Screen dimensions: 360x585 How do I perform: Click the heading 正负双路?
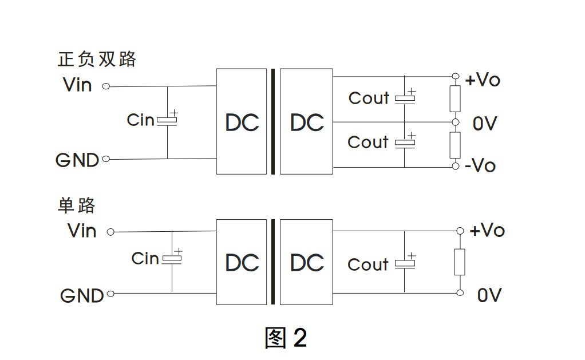click(x=97, y=59)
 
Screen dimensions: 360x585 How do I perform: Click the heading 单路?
click(x=76, y=205)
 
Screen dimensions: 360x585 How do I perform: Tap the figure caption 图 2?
click(x=286, y=338)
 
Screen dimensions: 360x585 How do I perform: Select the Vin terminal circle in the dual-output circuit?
click(x=105, y=86)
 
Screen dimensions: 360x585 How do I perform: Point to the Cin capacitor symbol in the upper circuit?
click(x=167, y=120)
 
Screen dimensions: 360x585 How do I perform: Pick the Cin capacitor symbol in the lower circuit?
click(x=172, y=259)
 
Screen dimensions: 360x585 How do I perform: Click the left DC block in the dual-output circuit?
click(x=241, y=121)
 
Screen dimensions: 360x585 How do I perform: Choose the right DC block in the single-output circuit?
click(x=306, y=262)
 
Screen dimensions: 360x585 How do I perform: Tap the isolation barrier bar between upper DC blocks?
click(x=273, y=121)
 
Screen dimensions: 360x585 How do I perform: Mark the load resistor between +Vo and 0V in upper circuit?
click(x=455, y=98)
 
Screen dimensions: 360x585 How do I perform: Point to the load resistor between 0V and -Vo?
click(x=455, y=145)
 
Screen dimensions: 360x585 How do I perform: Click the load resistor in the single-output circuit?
click(x=459, y=262)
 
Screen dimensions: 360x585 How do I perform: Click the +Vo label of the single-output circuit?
click(x=487, y=231)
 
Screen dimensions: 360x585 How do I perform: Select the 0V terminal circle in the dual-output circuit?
click(x=456, y=122)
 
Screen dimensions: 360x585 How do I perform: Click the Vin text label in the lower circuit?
click(x=82, y=231)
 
